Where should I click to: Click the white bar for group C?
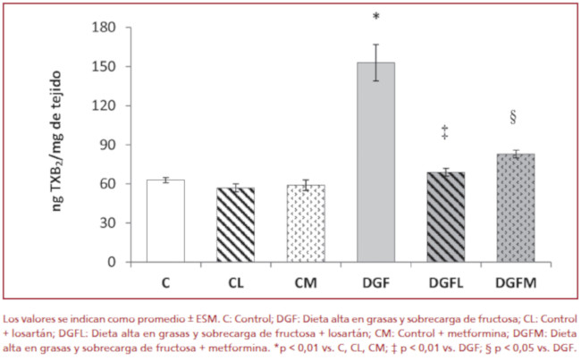(165, 221)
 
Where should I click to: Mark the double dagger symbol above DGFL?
(444, 133)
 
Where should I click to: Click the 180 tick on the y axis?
(107, 27)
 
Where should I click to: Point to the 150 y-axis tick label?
(107, 66)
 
